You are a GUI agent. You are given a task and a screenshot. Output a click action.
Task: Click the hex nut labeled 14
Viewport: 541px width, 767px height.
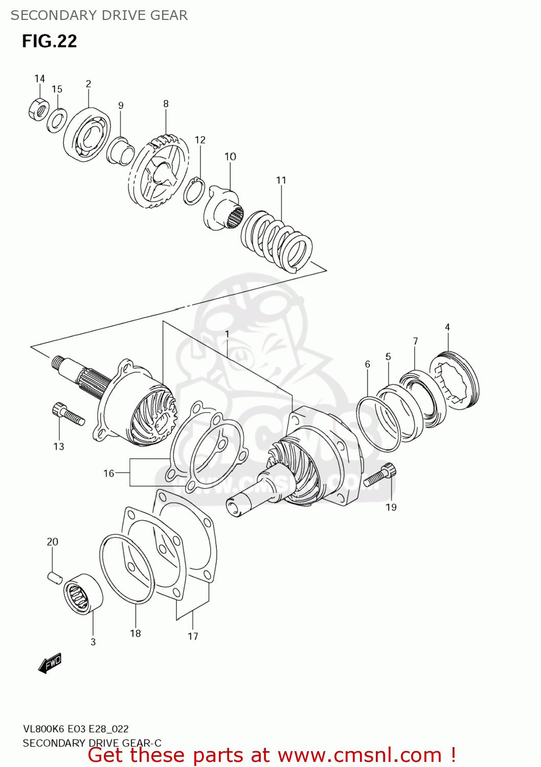(x=38, y=109)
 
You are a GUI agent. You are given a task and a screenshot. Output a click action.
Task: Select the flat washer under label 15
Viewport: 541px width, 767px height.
(x=57, y=120)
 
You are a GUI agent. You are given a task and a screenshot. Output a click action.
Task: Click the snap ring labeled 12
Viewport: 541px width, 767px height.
(x=194, y=191)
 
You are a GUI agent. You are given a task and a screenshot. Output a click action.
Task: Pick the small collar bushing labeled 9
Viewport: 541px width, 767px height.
(x=121, y=151)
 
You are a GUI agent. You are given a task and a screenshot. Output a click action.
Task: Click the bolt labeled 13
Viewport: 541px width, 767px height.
(x=68, y=414)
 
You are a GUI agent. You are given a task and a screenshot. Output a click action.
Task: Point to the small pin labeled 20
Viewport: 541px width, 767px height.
(x=55, y=577)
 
